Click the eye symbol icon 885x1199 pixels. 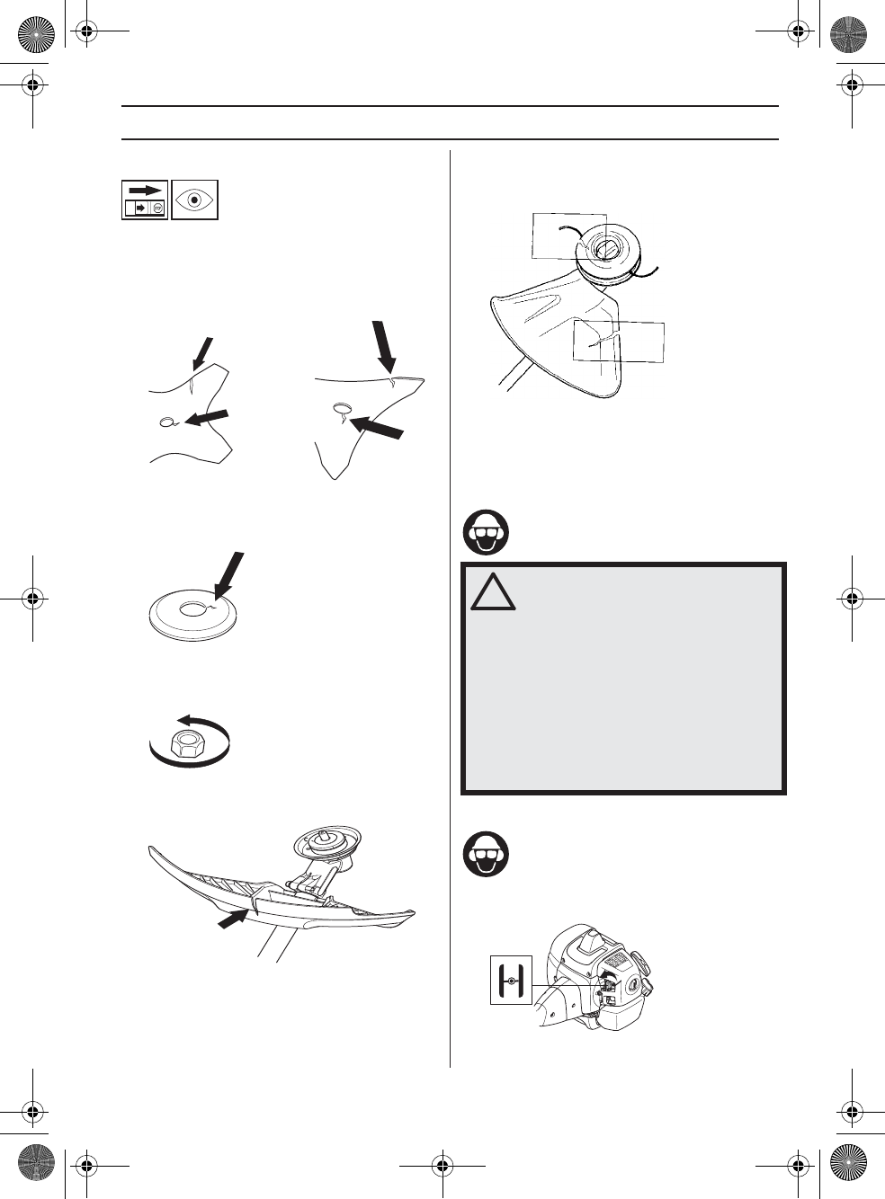click(194, 200)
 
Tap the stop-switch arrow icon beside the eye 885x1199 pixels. click(145, 200)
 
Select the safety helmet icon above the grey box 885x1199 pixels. click(486, 532)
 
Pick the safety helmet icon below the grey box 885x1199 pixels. click(486, 855)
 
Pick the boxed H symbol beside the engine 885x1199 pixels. click(511, 981)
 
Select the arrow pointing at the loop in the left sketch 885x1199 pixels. click(207, 416)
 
